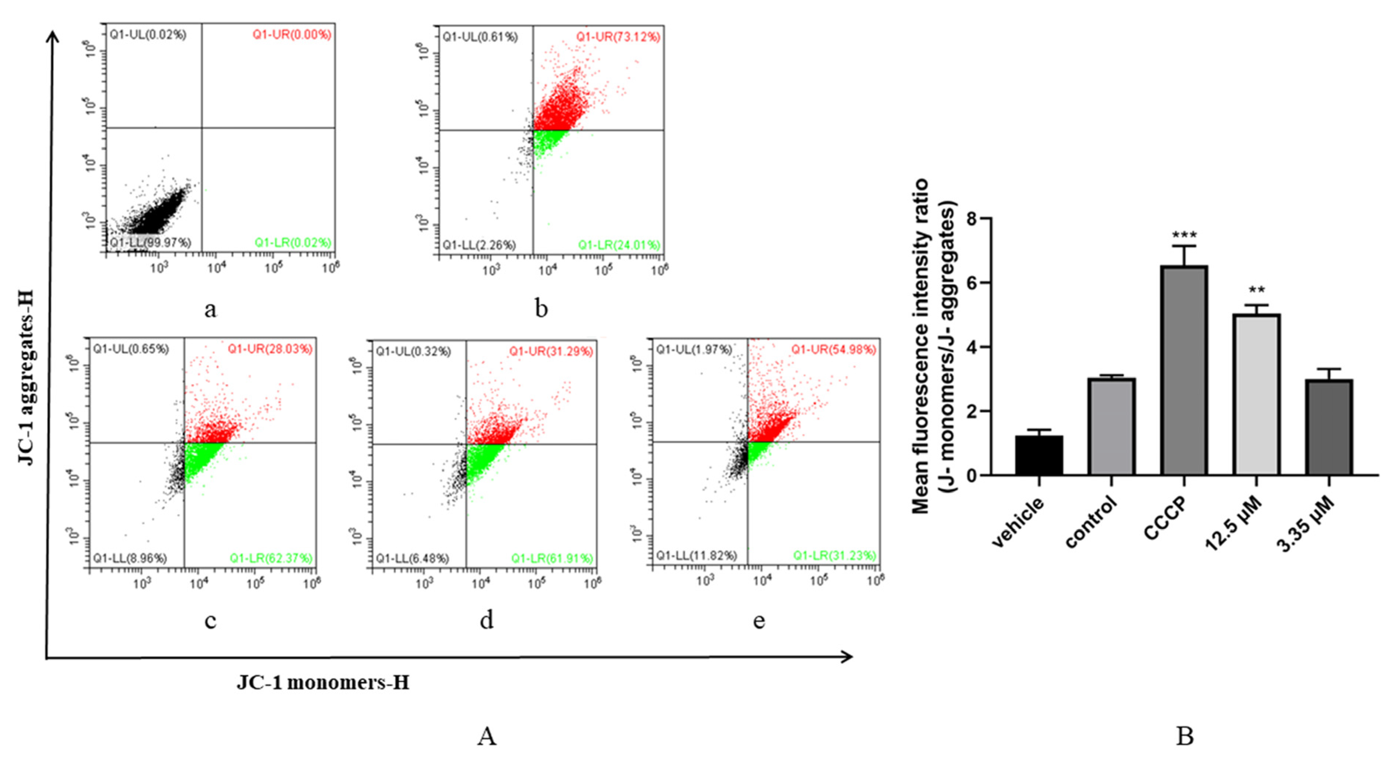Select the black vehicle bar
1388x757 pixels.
(x=1039, y=455)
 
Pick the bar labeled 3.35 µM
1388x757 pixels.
(x=1329, y=427)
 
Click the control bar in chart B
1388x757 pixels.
(x=1111, y=426)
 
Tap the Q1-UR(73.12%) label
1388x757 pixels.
(x=618, y=37)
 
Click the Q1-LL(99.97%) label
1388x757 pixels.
(x=150, y=242)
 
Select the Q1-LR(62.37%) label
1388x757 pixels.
(x=271, y=558)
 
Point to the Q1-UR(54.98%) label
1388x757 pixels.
(x=833, y=350)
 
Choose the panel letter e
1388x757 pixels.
(x=759, y=621)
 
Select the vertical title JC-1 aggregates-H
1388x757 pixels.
(x=26, y=377)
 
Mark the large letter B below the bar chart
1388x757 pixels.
(x=1184, y=736)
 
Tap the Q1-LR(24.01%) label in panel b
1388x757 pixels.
(x=619, y=245)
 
